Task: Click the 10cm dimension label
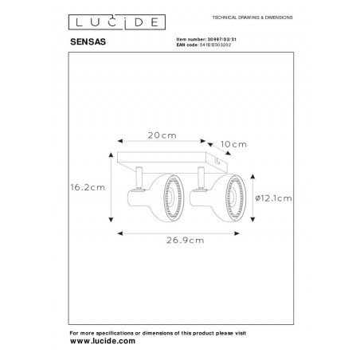coord(235,144)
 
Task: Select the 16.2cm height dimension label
coord(87,188)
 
